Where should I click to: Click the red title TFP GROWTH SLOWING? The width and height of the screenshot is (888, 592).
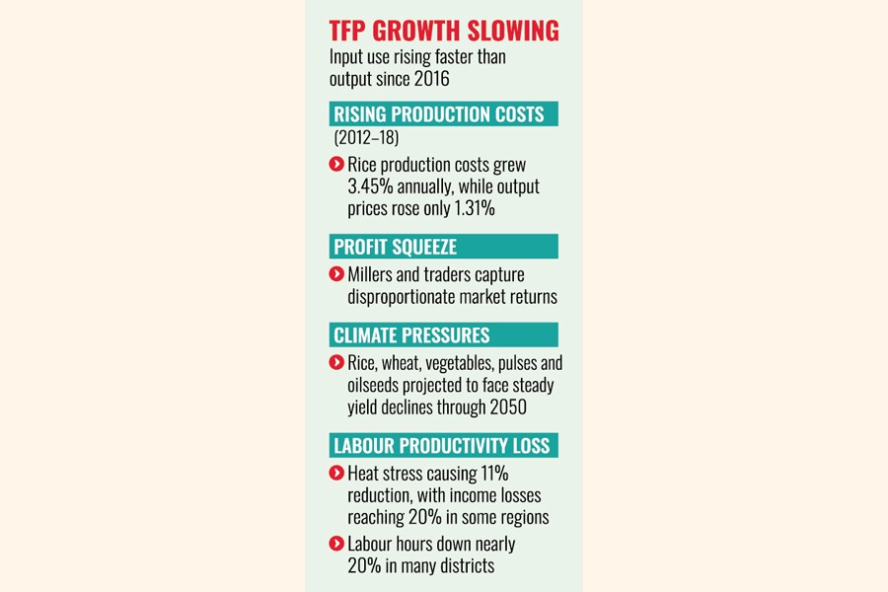point(444,32)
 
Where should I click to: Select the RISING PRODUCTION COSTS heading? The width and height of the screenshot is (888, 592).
point(439,114)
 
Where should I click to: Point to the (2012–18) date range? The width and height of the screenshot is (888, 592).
point(367,139)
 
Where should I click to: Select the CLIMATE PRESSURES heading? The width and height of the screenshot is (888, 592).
point(411,335)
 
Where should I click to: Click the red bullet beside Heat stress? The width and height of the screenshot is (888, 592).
point(336,474)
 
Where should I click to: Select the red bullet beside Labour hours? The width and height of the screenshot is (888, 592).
point(336,544)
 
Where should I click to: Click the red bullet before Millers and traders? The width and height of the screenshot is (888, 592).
point(336,274)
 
